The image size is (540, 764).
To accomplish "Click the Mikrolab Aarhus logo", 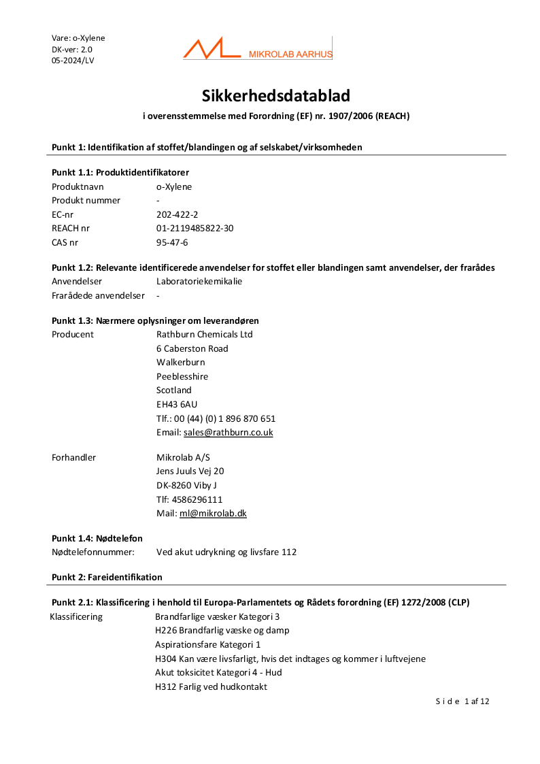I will (257, 50).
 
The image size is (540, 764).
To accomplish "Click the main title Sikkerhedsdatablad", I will (275, 95).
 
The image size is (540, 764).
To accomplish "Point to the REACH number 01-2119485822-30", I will (195, 229).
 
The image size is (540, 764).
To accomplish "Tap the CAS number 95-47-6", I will (172, 242).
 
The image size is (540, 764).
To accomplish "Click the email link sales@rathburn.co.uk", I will (228, 433).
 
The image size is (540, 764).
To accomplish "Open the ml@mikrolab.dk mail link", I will (213, 514).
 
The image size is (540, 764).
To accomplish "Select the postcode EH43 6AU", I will (177, 405).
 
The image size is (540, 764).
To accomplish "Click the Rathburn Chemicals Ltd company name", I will (204, 335).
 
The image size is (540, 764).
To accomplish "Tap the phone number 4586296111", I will (199, 499).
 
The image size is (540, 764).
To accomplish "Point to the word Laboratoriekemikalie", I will (199, 282).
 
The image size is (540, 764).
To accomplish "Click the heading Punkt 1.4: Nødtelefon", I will (97, 538).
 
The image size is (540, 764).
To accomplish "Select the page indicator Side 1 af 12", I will (462, 701).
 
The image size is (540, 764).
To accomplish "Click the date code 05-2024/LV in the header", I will (73, 61).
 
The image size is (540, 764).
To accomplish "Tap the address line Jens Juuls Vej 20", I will (190, 471).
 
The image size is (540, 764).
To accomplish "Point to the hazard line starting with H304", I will (290, 659).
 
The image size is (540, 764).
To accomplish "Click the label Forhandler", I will (74, 458).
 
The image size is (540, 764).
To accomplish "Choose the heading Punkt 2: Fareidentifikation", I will (107, 578).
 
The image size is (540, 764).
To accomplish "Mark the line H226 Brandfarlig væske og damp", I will (222, 631).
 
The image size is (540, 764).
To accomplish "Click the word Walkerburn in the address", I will (180, 363).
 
